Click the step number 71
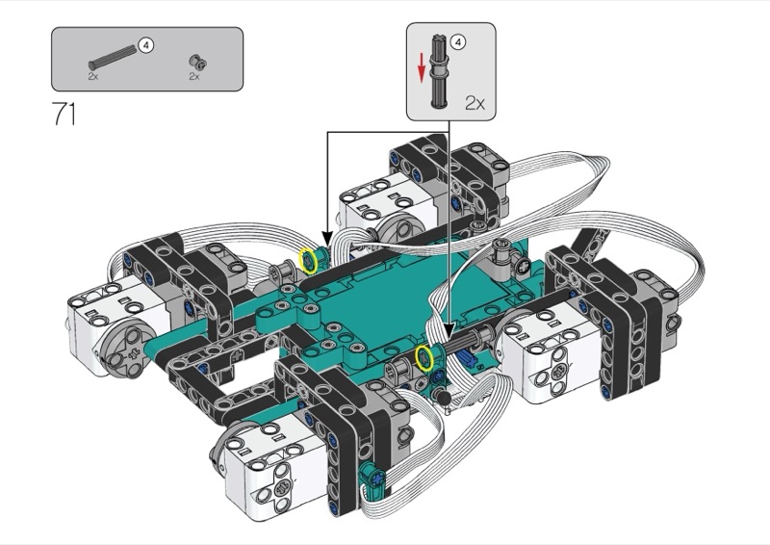pos(64,114)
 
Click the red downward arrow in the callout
pos(421,68)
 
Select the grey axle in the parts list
pos(112,57)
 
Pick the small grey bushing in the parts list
pos(197,62)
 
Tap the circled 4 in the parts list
pos(146,45)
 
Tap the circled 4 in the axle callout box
pos(458,42)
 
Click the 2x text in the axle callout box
pos(475,103)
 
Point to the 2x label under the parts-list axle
pos(93,76)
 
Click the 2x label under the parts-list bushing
pos(194,76)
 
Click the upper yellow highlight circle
pos(308,260)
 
